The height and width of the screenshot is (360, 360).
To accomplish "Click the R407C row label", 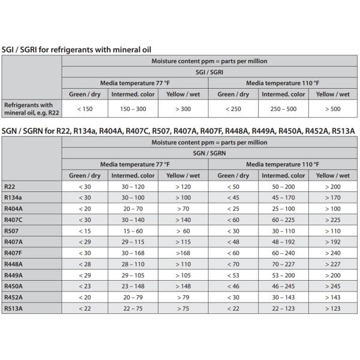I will click(13, 220).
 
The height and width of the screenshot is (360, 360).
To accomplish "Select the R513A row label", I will click(13, 309).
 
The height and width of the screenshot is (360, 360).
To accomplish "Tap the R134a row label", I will click(13, 197).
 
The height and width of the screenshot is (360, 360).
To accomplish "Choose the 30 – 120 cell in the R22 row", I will click(133, 187).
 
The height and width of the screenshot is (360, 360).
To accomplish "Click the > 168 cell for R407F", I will click(184, 253).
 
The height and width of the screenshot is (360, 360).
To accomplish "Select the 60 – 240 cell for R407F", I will click(283, 253).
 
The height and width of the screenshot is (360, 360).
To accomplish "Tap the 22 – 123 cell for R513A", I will click(283, 309).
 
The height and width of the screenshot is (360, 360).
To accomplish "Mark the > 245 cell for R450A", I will click(332, 287).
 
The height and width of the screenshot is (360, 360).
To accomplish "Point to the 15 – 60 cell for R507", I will click(133, 231).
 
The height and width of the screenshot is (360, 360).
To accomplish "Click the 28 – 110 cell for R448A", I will click(133, 265).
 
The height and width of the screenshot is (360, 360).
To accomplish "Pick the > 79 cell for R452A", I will click(184, 298).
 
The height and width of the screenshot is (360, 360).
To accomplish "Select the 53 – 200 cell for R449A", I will click(283, 275).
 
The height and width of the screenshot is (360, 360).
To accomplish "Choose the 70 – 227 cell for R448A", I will click(283, 265).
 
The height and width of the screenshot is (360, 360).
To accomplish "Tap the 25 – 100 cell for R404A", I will click(283, 209).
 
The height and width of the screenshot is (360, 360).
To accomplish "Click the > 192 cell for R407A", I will click(332, 242).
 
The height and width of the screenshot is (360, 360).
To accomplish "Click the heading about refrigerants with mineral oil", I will click(76, 49).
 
